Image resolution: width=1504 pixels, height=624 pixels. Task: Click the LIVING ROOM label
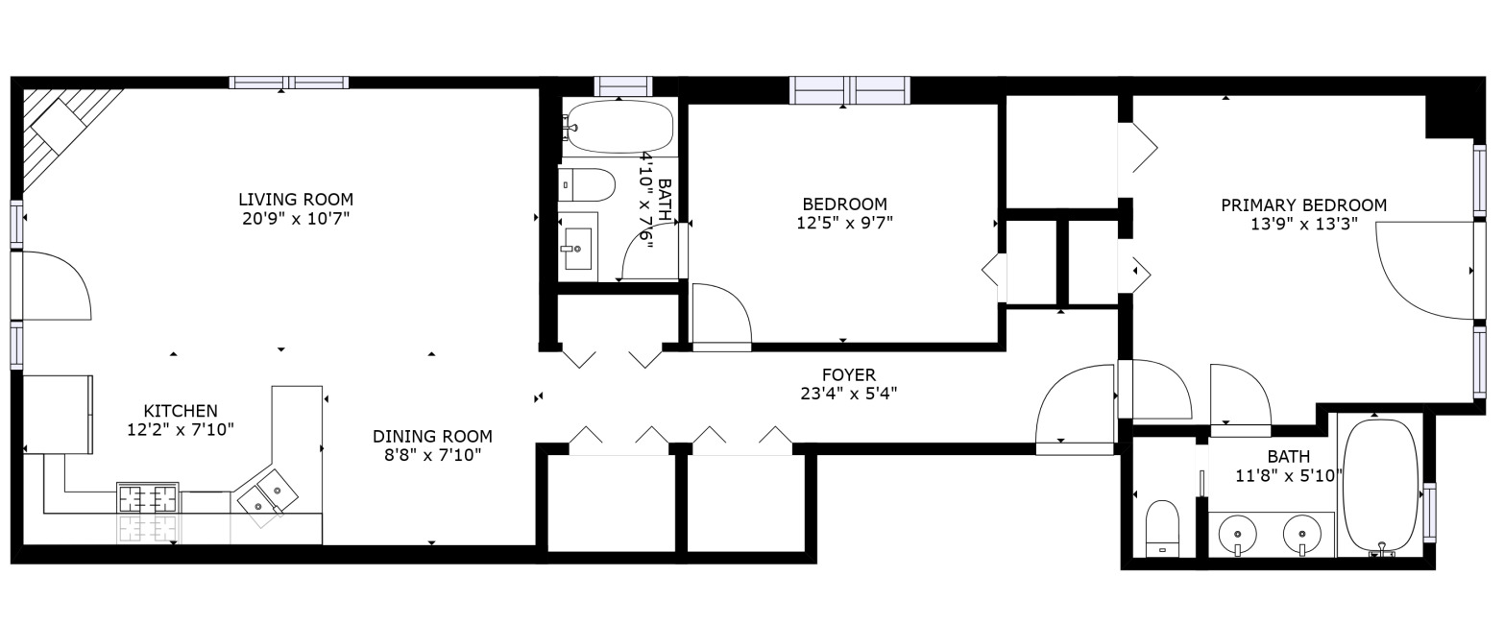click(296, 200)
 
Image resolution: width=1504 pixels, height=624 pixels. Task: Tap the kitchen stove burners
click(148, 499)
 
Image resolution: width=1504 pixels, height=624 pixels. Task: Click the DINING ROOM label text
click(432, 436)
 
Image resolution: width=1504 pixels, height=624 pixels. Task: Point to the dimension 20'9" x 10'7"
click(296, 219)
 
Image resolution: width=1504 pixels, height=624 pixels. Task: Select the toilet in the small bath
click(587, 183)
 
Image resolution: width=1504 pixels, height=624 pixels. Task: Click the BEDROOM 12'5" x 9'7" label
click(844, 204)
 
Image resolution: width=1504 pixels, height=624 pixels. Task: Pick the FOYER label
click(848, 374)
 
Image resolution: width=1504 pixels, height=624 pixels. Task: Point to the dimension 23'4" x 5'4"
click(848, 393)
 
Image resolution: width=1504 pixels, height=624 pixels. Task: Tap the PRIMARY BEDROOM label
click(1303, 205)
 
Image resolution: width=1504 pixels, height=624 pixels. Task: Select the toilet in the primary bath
click(1163, 527)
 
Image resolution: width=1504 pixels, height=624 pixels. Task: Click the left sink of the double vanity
click(1238, 533)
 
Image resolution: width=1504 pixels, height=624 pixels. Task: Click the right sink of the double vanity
click(1301, 533)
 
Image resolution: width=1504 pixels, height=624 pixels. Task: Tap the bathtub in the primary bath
click(1379, 486)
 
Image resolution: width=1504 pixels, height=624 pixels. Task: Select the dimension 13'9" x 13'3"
click(1303, 225)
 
